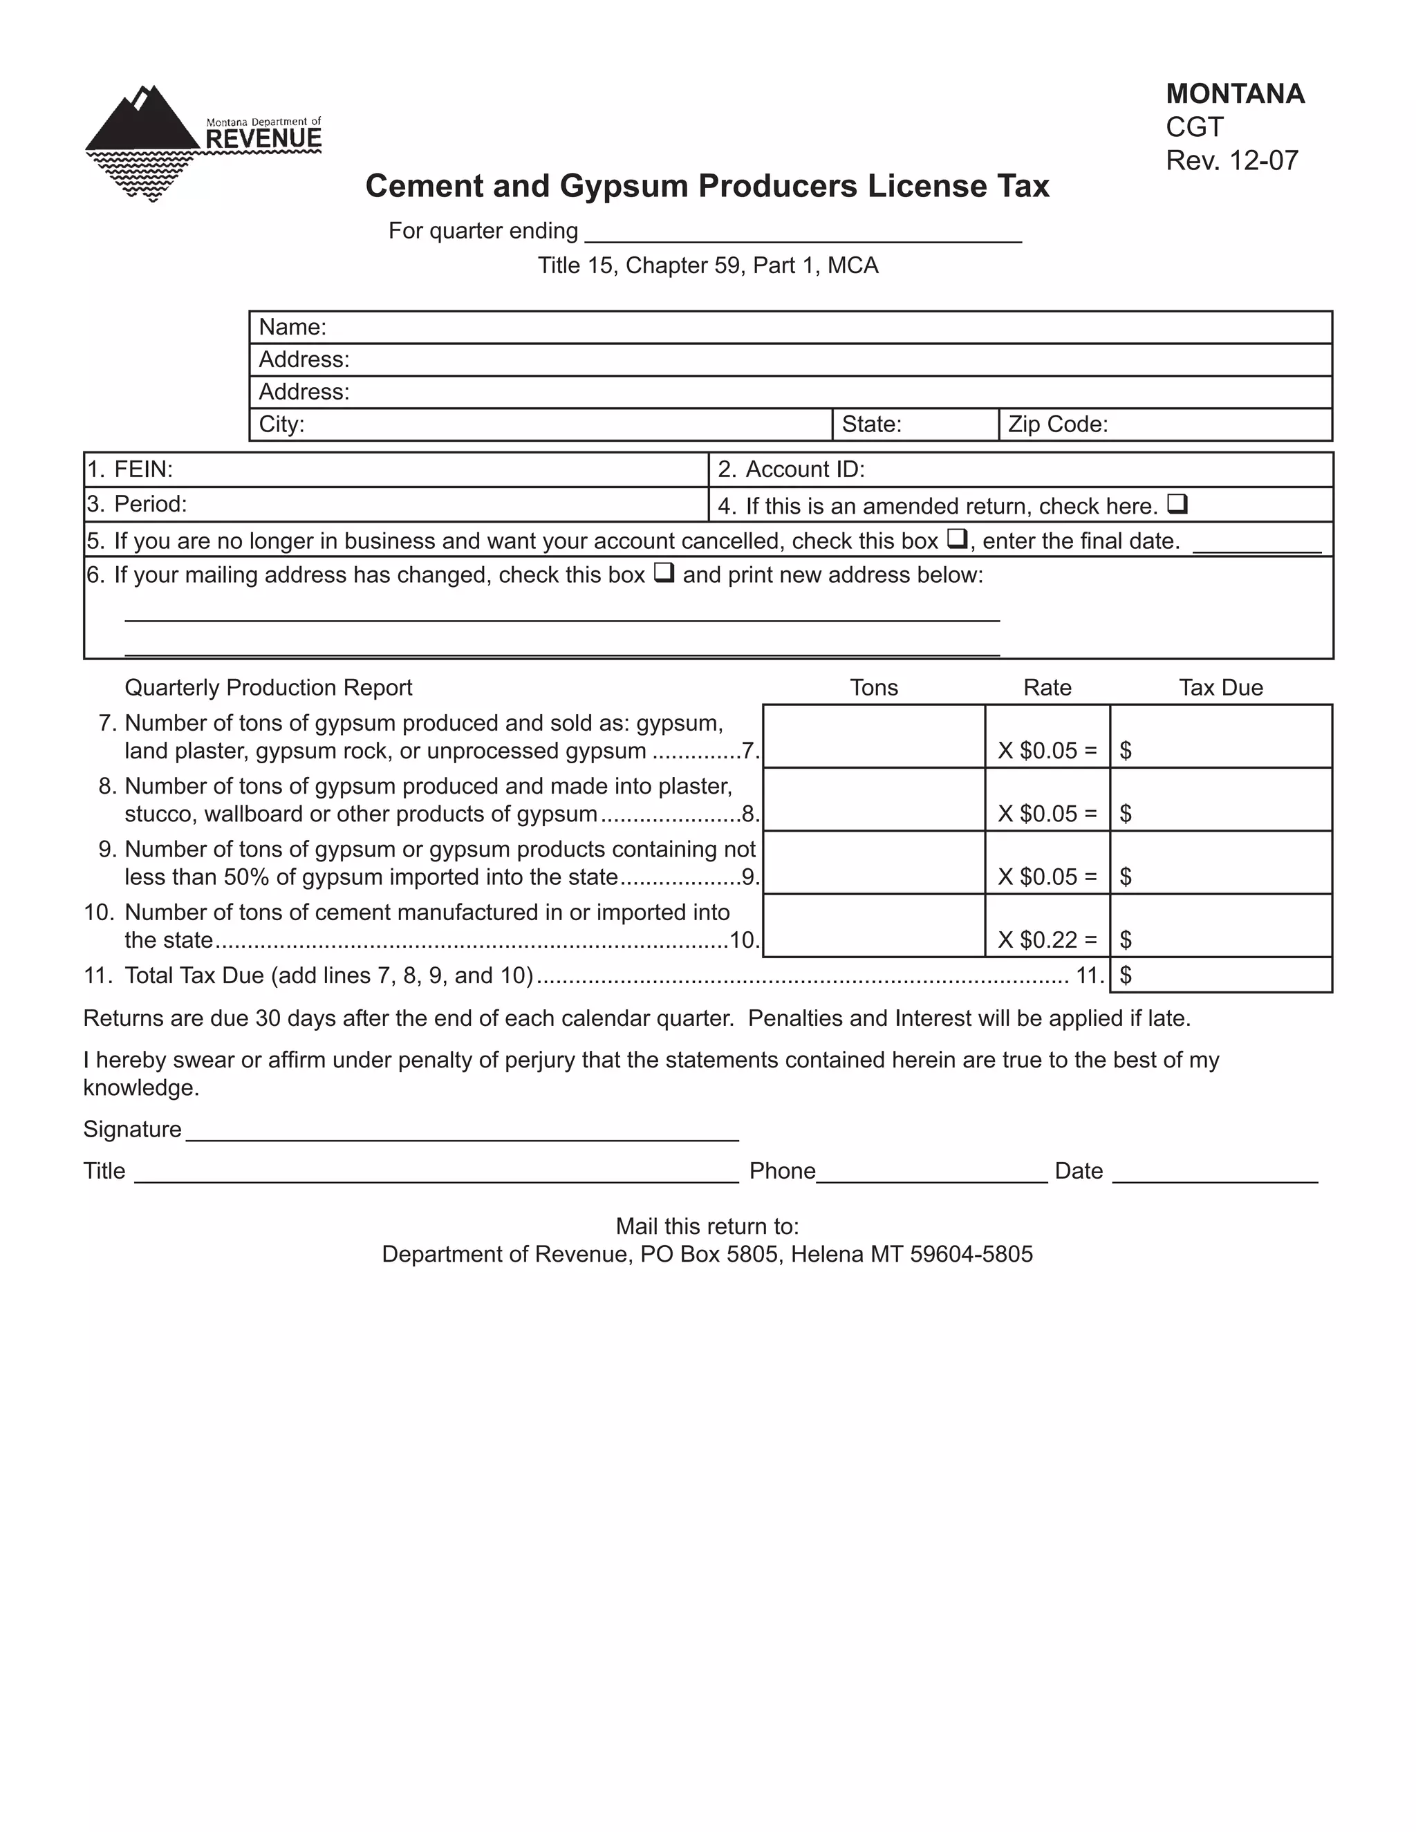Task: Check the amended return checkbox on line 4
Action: (1177, 504)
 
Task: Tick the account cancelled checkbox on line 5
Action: (957, 539)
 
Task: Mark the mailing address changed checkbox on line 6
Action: (664, 573)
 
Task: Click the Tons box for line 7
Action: (873, 736)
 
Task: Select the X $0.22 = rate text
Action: (1047, 940)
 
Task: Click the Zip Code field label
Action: (1058, 424)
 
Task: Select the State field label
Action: (872, 424)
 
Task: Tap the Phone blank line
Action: (931, 1172)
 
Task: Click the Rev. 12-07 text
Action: (1231, 160)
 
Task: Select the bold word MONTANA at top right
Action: (1235, 94)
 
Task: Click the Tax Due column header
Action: (1220, 688)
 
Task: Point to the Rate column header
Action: (1047, 688)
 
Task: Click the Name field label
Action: (292, 327)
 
